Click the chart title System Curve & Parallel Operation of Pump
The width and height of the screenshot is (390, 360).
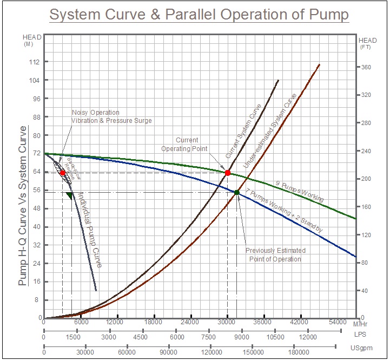(199, 15)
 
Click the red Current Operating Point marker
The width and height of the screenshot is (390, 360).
(228, 173)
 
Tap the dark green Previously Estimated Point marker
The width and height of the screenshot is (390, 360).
(237, 192)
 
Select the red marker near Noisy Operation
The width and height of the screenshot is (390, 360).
(63, 173)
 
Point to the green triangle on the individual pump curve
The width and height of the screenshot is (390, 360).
(69, 195)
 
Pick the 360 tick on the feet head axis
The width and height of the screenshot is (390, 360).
(367, 67)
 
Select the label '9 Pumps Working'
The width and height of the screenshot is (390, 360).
(299, 192)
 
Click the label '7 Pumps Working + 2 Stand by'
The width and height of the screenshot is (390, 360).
(284, 211)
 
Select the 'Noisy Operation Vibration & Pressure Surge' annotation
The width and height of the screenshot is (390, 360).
(112, 116)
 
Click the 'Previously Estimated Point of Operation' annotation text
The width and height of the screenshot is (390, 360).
(275, 255)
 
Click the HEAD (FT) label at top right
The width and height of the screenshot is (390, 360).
(368, 43)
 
